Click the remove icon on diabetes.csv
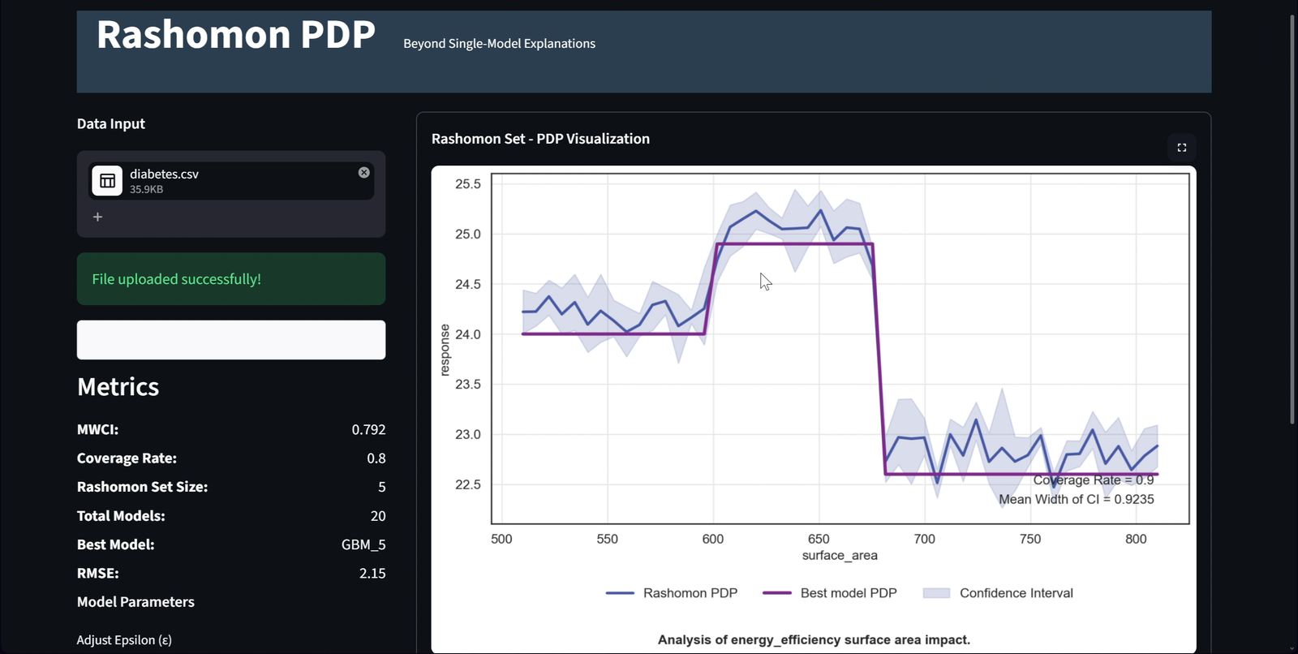click(364, 172)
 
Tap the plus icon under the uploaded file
click(97, 217)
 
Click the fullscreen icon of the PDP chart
click(1181, 148)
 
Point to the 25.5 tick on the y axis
click(468, 184)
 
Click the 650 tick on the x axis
click(819, 540)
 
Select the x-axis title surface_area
click(840, 556)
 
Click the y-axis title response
click(445, 350)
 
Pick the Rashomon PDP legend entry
click(672, 593)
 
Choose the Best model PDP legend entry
click(830, 593)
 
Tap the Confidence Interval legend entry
click(998, 593)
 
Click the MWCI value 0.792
click(368, 429)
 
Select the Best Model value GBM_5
click(363, 544)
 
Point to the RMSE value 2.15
click(372, 574)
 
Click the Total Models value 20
click(378, 516)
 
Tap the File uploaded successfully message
click(177, 279)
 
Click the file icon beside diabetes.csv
click(107, 181)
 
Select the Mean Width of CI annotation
click(1076, 499)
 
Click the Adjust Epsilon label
click(124, 640)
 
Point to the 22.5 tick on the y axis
click(468, 484)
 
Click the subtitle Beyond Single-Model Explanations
click(499, 44)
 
